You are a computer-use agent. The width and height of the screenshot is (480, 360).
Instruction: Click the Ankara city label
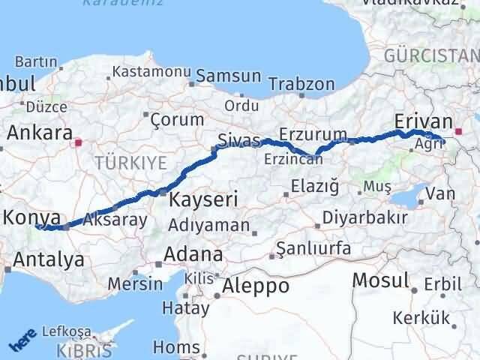pyautogui.click(x=35, y=133)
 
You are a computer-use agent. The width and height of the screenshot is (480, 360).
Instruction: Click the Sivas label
pyautogui.click(x=239, y=139)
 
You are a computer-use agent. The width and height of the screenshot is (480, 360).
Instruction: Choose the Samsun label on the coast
pyautogui.click(x=229, y=76)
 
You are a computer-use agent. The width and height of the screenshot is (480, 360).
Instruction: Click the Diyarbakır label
pyautogui.click(x=365, y=218)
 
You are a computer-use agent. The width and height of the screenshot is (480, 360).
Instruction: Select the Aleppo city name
pyautogui.click(x=256, y=286)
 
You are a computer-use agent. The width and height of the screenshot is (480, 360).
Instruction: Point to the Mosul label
pyautogui.click(x=381, y=280)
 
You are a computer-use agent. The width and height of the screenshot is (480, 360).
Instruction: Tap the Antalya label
pyautogui.click(x=43, y=261)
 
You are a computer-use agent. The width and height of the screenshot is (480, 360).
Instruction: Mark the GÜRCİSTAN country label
pyautogui.click(x=431, y=56)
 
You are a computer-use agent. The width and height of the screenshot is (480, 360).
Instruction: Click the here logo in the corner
pyautogui.click(x=21, y=342)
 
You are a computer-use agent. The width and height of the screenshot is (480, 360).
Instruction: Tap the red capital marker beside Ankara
pyautogui.click(x=79, y=139)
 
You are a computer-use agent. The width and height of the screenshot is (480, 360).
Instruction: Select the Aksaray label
pyautogui.click(x=115, y=220)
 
